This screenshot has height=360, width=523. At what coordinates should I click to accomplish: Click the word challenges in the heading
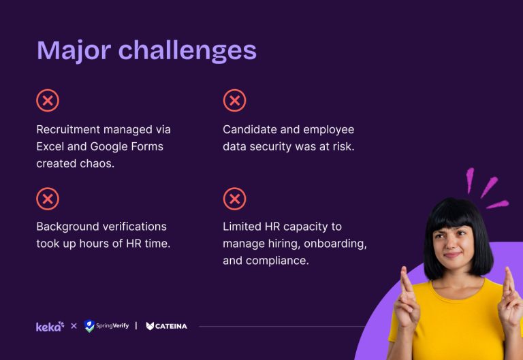[x=187, y=51]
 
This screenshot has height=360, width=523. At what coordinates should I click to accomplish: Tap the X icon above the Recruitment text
[x=48, y=101]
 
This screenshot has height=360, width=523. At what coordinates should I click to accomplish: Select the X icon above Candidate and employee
[x=234, y=101]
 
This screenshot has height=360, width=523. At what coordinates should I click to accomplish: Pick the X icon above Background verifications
[x=48, y=199]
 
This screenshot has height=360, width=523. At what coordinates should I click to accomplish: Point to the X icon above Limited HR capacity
[x=234, y=199]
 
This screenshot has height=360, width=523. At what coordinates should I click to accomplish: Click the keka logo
[x=50, y=326]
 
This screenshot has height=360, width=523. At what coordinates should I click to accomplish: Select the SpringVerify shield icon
[x=89, y=326]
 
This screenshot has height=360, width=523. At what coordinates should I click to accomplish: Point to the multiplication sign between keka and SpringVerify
[x=74, y=326]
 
